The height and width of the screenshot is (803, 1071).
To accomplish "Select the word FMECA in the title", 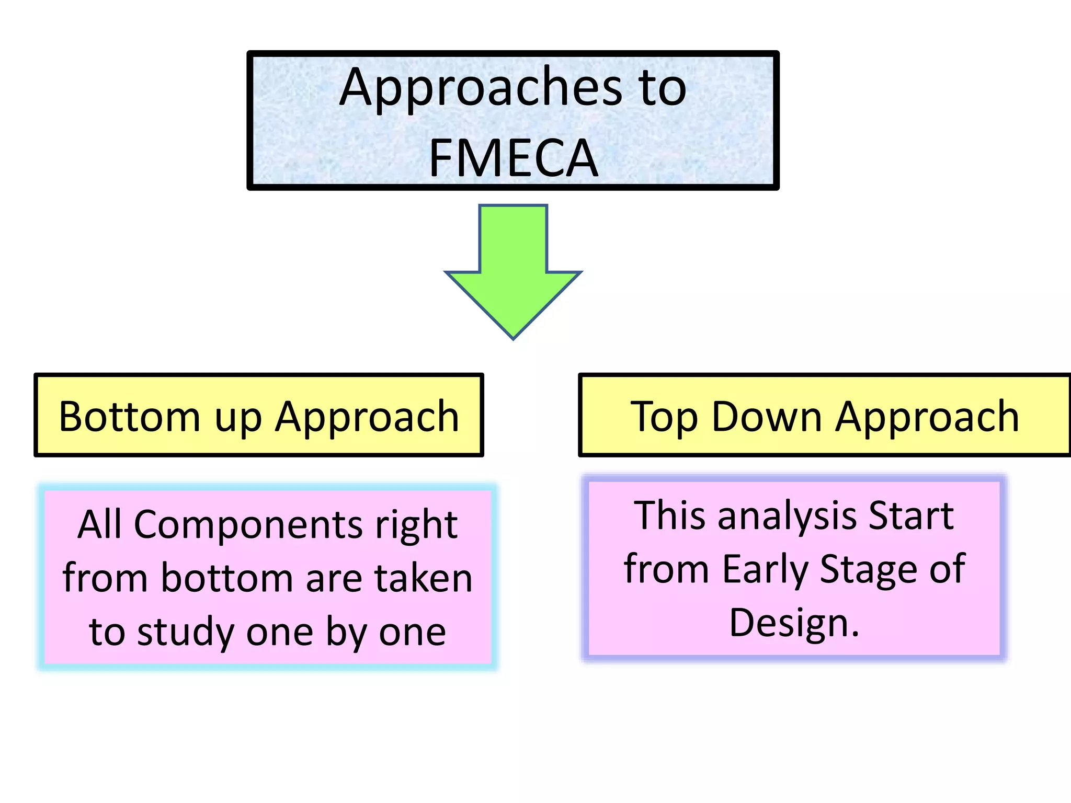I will [513, 158].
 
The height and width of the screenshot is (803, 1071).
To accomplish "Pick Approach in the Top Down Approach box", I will [927, 417].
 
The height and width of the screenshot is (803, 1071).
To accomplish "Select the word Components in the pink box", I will [248, 524].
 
